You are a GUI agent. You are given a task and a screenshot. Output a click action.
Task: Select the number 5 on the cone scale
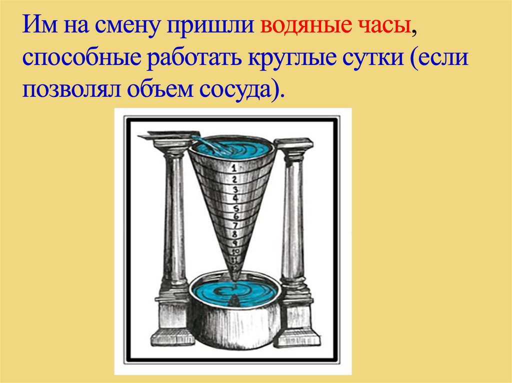(x=235, y=208)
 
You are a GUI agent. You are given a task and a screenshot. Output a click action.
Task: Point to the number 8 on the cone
(x=234, y=234)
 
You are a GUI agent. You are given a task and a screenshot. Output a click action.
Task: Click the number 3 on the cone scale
(x=234, y=189)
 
